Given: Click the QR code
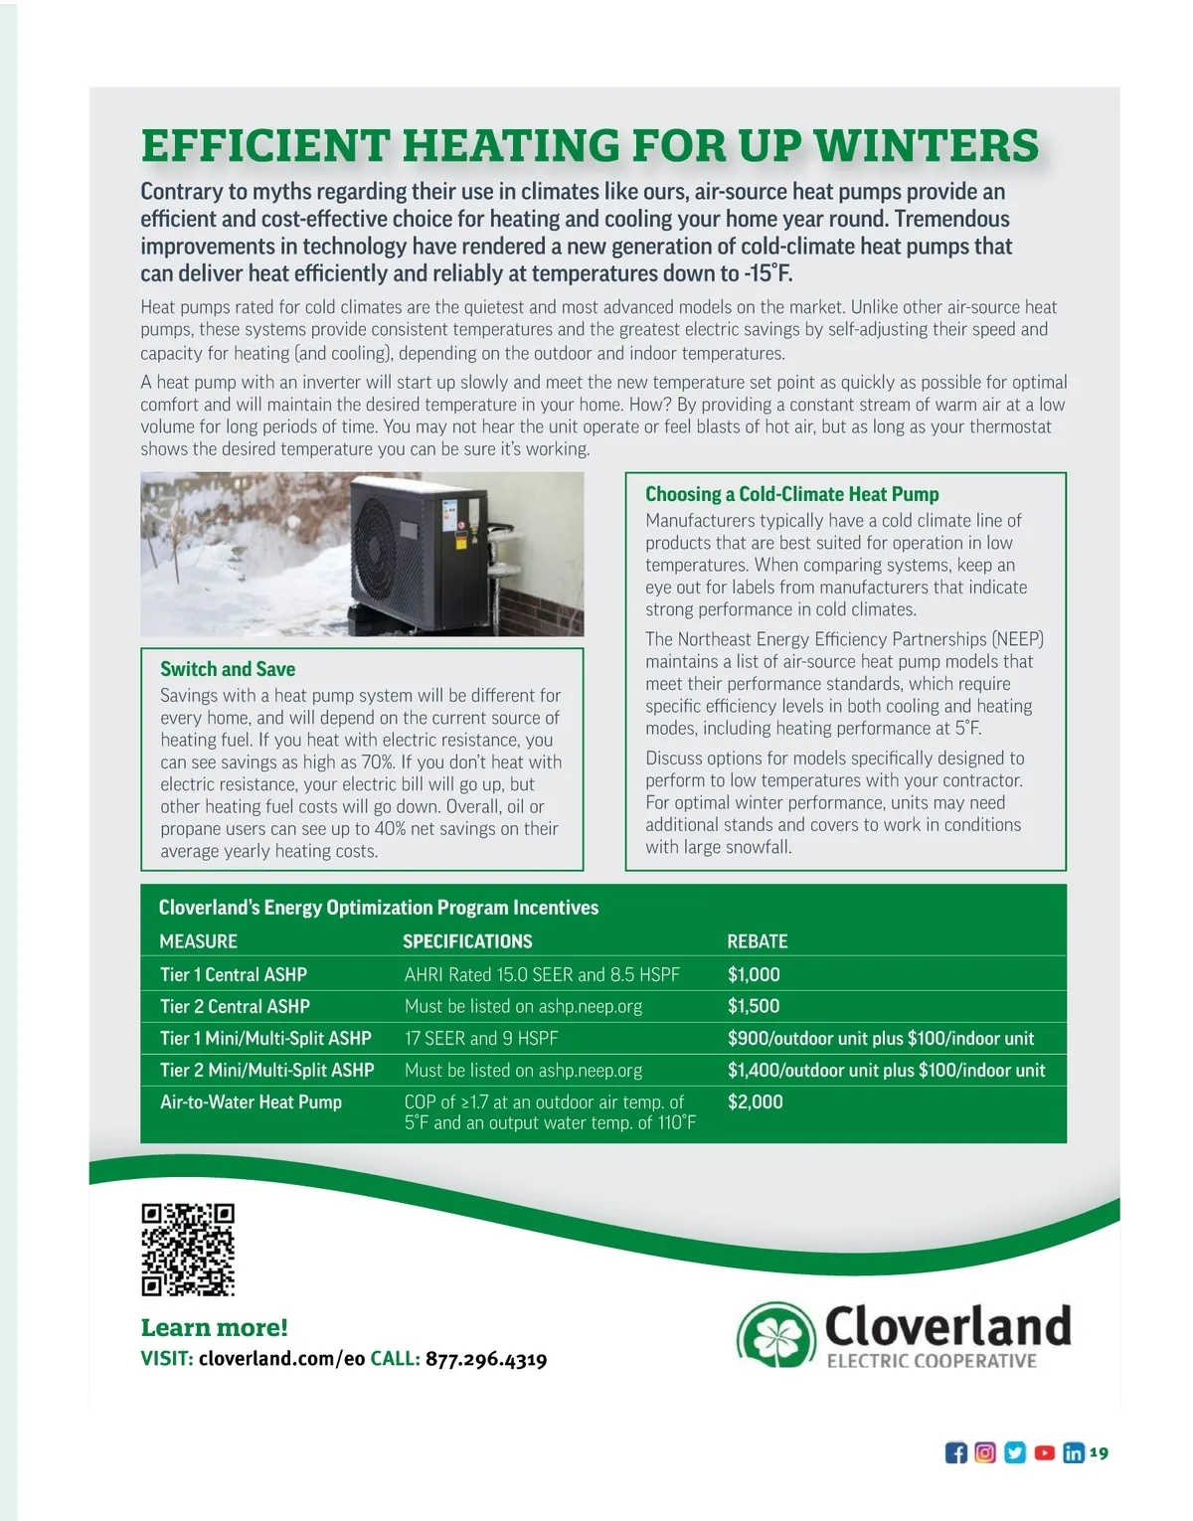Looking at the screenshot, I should coord(188,1250).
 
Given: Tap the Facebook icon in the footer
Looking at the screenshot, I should coord(955,1453).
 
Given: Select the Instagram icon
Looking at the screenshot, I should coord(985,1453).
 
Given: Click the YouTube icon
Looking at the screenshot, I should coord(1044,1453).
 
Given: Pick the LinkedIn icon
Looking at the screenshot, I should coord(1074,1453).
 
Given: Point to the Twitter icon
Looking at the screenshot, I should coord(1015,1453).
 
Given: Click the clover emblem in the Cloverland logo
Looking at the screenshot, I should coord(779,1333).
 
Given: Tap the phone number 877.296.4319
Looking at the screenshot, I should coord(486,1360).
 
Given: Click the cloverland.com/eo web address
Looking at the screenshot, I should coord(282,1360).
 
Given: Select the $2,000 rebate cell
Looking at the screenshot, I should coord(756,1101).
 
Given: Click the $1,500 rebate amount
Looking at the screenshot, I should coord(754,1006).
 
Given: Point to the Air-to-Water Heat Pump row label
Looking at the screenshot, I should coord(251,1101).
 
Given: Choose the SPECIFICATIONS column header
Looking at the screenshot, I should coord(467,941).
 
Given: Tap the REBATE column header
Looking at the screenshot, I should coord(758,941).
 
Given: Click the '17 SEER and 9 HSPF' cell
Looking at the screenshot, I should coord(481,1038).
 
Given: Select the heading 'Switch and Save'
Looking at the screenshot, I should coord(228,669).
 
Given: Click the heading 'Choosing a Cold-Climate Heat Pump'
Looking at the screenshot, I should coord(791,494).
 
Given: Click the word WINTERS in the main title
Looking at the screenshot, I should coord(927,146).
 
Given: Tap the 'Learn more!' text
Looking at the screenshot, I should coord(215,1328).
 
